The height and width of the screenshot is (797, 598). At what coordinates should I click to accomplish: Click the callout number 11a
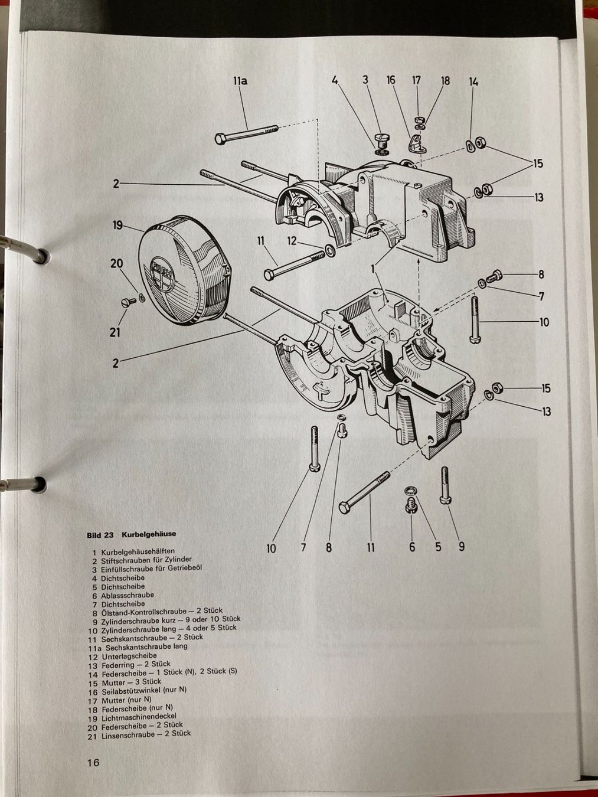pyautogui.click(x=240, y=81)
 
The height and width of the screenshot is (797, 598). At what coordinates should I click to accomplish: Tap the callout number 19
pyautogui.click(x=118, y=226)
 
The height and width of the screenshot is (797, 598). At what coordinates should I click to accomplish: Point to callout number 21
pyautogui.click(x=115, y=332)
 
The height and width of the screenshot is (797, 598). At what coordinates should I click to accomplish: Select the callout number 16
pyautogui.click(x=391, y=80)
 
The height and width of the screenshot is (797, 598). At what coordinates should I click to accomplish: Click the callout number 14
pyautogui.click(x=473, y=81)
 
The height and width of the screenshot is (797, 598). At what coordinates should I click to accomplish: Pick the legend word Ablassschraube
pyautogui.click(x=128, y=596)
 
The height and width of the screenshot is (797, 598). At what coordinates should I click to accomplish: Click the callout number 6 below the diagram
pyautogui.click(x=412, y=547)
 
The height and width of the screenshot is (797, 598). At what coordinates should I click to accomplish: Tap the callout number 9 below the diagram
pyautogui.click(x=462, y=547)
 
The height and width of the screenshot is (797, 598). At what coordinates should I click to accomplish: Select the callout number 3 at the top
pyautogui.click(x=365, y=80)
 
